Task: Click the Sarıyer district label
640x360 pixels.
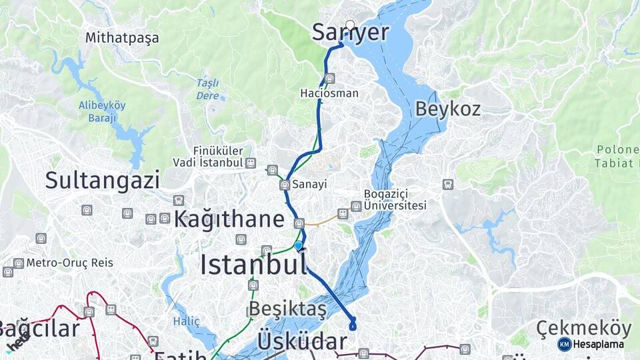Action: [350, 32]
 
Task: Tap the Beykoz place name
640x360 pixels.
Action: [448, 109]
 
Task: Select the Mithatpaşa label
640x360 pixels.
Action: [122, 38]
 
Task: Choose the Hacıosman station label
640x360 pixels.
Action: [329, 93]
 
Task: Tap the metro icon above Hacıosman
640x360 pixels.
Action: [329, 79]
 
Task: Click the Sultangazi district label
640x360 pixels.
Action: [93, 180]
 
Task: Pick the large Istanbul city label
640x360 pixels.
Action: [253, 265]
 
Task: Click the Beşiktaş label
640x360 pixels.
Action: [287, 309]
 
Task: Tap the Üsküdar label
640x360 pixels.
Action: [302, 341]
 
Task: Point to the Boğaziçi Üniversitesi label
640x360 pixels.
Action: [395, 200]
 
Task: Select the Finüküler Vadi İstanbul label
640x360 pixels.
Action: [208, 157]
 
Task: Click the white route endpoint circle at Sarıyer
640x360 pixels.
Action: [350, 25]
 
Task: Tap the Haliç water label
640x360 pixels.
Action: [187, 321]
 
